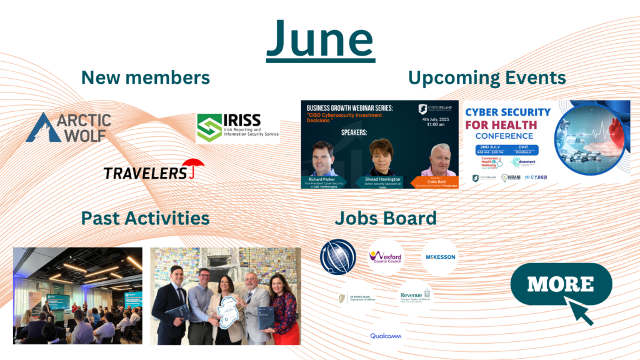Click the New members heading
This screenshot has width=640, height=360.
click(x=145, y=77)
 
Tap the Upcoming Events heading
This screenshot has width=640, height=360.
click(x=487, y=78)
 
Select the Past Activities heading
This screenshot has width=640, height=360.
click(x=145, y=218)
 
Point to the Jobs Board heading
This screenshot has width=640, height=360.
click(x=385, y=218)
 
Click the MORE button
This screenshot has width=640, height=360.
click(x=561, y=284)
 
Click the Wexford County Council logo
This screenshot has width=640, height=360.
click(x=386, y=256)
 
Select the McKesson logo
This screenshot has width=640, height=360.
click(x=440, y=257)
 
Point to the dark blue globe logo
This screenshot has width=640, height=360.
click(x=337, y=257)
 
